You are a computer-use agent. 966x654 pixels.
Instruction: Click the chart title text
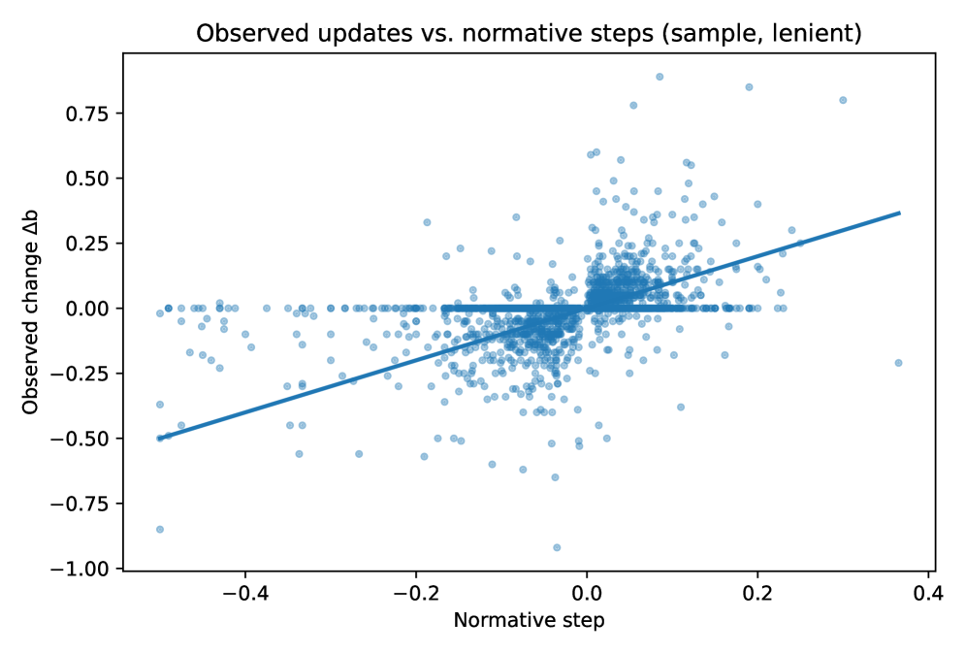pos(529,33)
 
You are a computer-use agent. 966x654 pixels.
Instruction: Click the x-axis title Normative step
pos(530,620)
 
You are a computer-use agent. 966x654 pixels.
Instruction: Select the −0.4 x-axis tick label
pos(244,593)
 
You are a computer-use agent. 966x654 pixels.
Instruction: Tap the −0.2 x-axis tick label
pos(415,593)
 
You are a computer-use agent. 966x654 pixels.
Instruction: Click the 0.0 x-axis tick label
pos(587,593)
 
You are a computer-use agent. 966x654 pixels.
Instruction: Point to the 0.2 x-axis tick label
pos(757,593)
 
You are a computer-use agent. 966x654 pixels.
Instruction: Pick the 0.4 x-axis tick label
pos(928,593)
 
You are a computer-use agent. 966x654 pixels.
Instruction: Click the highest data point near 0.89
pos(660,77)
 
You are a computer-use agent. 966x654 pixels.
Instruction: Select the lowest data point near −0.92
pos(557,547)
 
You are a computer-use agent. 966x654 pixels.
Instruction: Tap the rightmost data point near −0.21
pos(898,363)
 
